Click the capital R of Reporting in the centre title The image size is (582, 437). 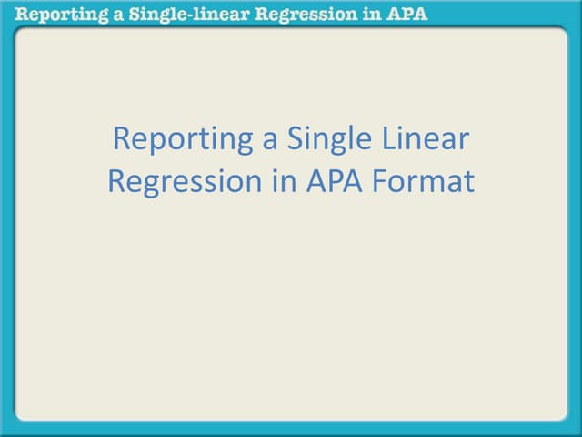[119, 140]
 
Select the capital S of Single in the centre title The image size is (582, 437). [296, 140]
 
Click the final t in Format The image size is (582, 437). [469, 182]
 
